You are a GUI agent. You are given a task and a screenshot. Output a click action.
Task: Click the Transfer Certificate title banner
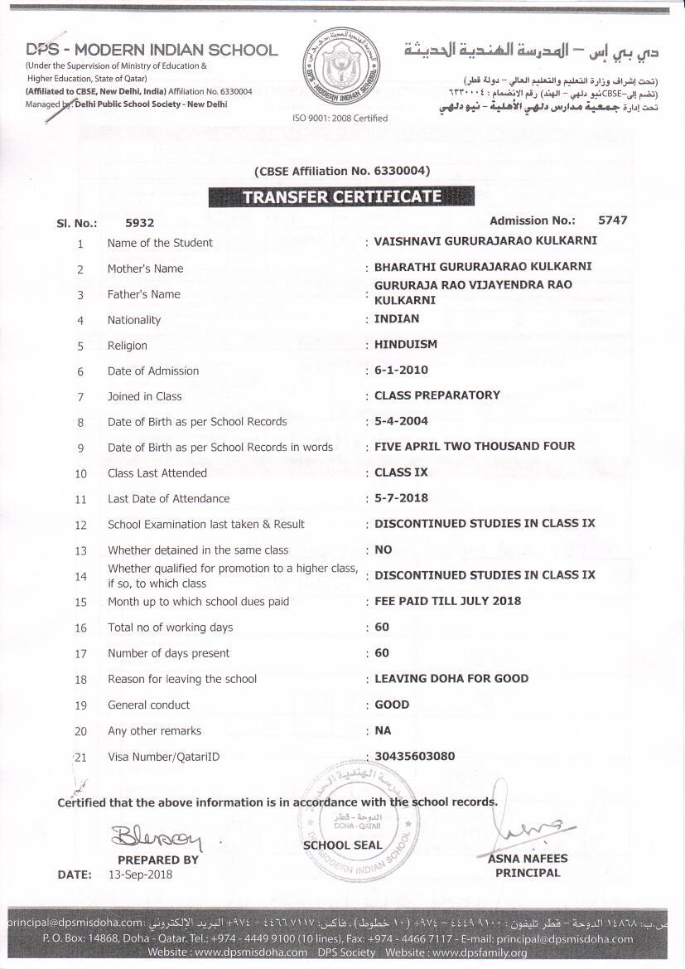pos(341,197)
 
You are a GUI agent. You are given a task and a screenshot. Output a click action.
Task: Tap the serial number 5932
pos(139,222)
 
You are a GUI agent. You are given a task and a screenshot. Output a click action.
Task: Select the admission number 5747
pos(612,220)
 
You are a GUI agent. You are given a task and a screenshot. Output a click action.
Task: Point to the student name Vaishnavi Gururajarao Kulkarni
pos(485,241)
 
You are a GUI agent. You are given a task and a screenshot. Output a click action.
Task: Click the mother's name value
pos(483,267)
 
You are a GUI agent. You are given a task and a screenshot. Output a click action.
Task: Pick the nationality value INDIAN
pos(397,318)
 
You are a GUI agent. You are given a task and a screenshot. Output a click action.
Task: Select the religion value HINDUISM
pos(406,344)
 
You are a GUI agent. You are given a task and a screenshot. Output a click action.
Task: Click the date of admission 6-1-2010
pos(401,370)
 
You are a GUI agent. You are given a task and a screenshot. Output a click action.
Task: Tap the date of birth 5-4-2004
pos(401,421)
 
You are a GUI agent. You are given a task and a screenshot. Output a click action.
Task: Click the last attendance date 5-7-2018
pos(401,498)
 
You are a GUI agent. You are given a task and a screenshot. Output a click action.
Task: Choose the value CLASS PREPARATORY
pos(437,395)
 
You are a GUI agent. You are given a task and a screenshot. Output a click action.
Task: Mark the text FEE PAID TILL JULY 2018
pos(447,601)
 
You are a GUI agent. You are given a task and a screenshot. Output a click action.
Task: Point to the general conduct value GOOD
pos(392,704)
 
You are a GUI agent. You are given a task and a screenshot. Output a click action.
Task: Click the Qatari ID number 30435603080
pos(414,755)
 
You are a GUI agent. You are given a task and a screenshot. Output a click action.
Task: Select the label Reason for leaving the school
pos(182,679)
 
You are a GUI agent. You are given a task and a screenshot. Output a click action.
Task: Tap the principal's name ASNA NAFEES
pos(527,859)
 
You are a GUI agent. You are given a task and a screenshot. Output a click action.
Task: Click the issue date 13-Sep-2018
pos(141,875)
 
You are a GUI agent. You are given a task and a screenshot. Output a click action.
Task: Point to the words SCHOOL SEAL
pos(342,845)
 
